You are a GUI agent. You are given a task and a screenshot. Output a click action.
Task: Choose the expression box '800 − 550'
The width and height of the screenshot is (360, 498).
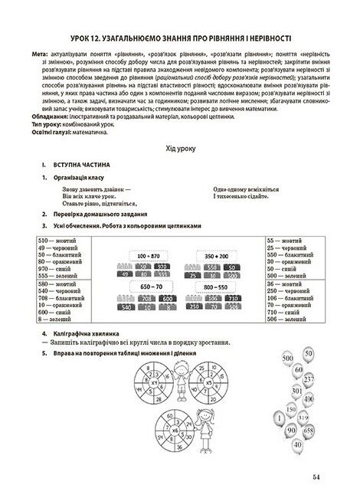pos(222,285)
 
